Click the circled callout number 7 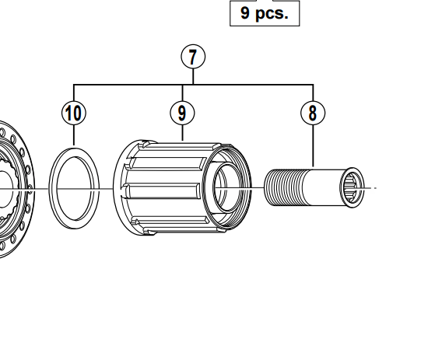193,57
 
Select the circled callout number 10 74,113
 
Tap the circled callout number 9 181,113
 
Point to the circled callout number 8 312,113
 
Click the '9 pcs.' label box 265,13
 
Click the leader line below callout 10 74,134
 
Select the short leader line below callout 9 181,131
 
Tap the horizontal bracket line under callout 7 249,84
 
